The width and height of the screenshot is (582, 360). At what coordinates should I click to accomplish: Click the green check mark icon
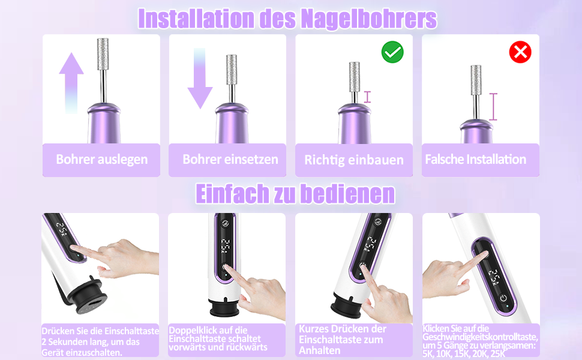pyautogui.click(x=392, y=52)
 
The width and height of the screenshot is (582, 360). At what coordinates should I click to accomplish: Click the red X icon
pyautogui.click(x=520, y=52)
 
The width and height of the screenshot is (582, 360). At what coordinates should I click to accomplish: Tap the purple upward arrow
pyautogui.click(x=71, y=82)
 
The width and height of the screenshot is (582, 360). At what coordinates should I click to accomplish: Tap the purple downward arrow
pyautogui.click(x=200, y=79)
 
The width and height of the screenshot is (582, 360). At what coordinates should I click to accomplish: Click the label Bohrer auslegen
pyautogui.click(x=102, y=159)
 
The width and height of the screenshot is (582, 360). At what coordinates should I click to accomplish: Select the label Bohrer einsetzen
pyautogui.click(x=230, y=159)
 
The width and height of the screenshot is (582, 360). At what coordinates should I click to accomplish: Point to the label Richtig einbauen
pyautogui.click(x=354, y=160)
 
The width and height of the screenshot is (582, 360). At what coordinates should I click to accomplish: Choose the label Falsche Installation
pyautogui.click(x=475, y=159)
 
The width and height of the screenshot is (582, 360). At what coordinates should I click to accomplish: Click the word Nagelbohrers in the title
pyautogui.click(x=369, y=19)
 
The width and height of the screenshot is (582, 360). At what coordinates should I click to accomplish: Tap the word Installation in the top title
pyautogui.click(x=196, y=19)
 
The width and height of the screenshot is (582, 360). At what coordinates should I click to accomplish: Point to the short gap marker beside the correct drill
pyautogui.click(x=367, y=97)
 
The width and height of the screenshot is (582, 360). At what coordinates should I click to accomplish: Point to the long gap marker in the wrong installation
pyautogui.click(x=493, y=107)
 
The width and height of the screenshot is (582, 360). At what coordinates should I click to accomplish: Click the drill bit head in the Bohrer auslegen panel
pyautogui.click(x=103, y=54)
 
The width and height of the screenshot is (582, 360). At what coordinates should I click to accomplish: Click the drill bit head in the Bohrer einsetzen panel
pyautogui.click(x=232, y=71)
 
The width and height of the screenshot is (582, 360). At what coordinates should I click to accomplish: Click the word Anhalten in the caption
pyautogui.click(x=320, y=350)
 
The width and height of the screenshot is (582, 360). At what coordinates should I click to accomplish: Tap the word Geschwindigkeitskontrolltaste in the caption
pyautogui.click(x=480, y=337)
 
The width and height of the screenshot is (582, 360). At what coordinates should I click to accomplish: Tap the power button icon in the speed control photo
pyautogui.click(x=503, y=298)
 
